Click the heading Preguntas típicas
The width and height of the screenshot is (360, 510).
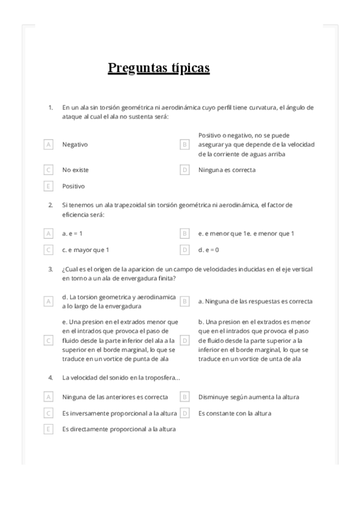point(159,68)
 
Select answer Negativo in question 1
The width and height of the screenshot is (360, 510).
point(75,144)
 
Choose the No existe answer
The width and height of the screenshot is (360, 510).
point(75,170)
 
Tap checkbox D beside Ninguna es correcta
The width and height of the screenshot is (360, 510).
point(185,170)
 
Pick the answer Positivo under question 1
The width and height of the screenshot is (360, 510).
point(73,186)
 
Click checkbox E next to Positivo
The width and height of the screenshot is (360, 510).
point(48,186)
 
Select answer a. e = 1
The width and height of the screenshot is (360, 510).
point(72,233)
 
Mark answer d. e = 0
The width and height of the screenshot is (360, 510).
point(209,250)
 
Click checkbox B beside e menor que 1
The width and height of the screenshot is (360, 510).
point(185,233)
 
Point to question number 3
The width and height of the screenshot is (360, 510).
point(50,269)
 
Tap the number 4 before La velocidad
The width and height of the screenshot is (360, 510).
point(50,378)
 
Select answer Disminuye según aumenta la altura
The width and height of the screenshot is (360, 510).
point(248,397)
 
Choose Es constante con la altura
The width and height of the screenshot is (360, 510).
point(234,413)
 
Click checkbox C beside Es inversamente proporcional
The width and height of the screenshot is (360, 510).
point(48,413)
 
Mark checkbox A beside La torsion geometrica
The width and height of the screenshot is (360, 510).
point(48,301)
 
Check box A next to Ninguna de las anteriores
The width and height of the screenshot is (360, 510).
point(48,397)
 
